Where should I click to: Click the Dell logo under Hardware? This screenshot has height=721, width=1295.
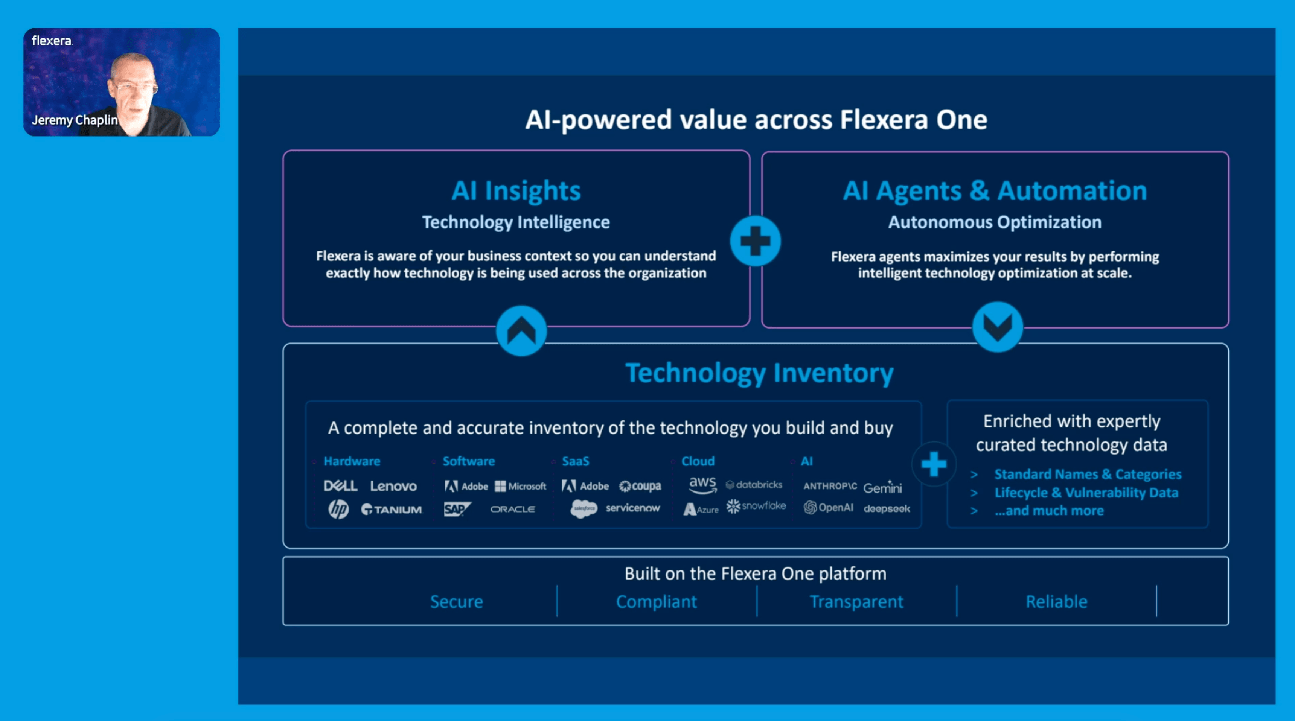coord(340,486)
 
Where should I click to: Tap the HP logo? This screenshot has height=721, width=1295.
coord(338,509)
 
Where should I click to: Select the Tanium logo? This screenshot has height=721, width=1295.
coord(392,510)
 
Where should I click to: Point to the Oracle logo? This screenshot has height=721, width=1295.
coord(512,509)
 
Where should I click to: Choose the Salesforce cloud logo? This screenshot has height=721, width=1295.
coord(584,508)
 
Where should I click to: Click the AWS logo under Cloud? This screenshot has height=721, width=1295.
coord(702,485)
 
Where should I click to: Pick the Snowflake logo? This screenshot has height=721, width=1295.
coord(756,506)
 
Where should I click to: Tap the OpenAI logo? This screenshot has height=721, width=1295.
coord(828,508)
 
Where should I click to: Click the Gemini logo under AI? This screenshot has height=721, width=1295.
coord(882,487)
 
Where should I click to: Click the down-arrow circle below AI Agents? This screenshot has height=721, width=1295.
coord(997,327)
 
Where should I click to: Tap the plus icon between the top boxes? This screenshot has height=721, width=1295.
coord(755,241)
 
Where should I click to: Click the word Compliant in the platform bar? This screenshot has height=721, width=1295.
coord(656,601)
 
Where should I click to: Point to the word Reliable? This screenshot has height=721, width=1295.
coord(1056,601)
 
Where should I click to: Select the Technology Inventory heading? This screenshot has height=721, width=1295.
coord(759,373)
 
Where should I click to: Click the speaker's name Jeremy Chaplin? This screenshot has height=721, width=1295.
coord(75,120)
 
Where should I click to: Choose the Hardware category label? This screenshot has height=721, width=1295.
coord(352,461)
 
